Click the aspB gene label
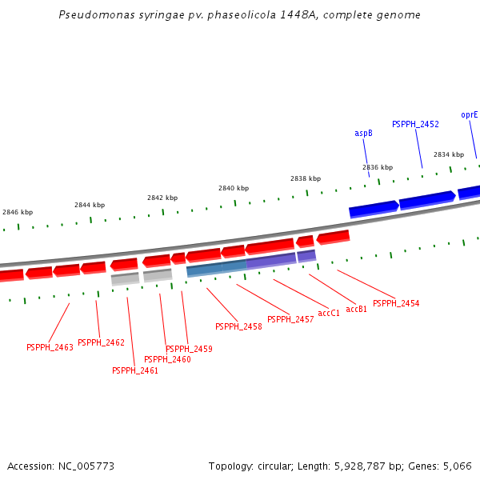point(363,133)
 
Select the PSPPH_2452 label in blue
point(415,124)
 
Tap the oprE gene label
point(470,114)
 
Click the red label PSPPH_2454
point(396,303)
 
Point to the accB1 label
point(357,309)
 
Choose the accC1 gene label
point(329,313)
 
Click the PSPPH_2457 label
point(290,319)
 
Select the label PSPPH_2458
point(238,326)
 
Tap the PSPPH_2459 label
point(189,349)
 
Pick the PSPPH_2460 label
point(167,359)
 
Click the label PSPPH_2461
point(135,370)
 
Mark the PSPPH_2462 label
point(101,342)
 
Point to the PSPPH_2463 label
point(50,347)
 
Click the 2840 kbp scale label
point(234,188)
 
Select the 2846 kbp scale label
point(18,212)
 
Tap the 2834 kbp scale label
point(449,154)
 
